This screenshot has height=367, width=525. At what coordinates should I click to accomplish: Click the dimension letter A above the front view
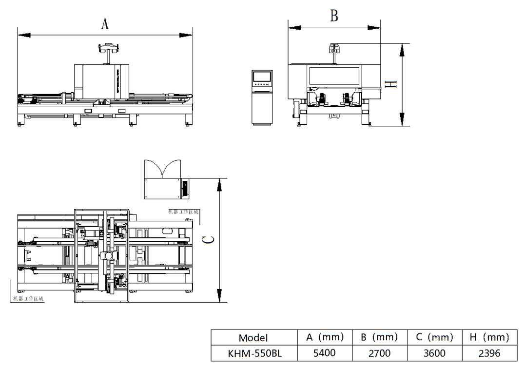pos(105,23)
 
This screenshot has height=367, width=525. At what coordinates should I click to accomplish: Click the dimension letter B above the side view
pos(334,16)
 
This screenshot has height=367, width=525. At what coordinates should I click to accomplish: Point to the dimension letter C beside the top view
pos(207,239)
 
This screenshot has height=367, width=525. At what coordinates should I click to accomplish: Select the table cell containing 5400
pos(324,353)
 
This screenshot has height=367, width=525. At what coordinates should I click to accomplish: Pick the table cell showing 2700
pos(379,353)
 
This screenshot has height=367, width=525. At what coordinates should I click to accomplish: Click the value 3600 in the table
pos(434,353)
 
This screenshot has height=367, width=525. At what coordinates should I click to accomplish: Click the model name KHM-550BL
pos(254,353)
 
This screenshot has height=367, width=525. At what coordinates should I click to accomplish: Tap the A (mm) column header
pos(325,337)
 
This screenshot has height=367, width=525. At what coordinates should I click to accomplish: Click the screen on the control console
pos(261,76)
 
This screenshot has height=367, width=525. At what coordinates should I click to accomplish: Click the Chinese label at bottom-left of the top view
pos(28,298)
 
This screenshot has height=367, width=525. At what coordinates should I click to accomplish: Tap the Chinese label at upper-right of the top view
pos(183,212)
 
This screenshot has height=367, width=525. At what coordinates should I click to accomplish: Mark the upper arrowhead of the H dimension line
pos(402,49)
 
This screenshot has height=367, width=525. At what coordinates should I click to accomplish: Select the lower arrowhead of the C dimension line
pos(219,295)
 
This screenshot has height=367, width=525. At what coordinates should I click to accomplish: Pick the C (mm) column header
pos(434,337)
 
